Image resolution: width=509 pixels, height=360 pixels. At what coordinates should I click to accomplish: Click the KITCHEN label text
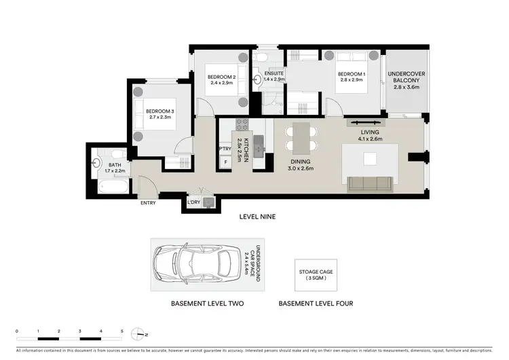[x=239, y=147]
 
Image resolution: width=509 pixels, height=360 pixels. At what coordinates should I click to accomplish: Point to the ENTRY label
[x=148, y=203]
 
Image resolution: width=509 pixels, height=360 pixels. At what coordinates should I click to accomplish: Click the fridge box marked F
[x=225, y=162]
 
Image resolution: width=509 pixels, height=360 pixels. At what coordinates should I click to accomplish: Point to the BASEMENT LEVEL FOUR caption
[x=316, y=304]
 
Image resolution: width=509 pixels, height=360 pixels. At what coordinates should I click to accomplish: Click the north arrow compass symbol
[x=141, y=335]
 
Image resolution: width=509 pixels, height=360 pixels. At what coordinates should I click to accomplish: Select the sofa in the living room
[x=369, y=183]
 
